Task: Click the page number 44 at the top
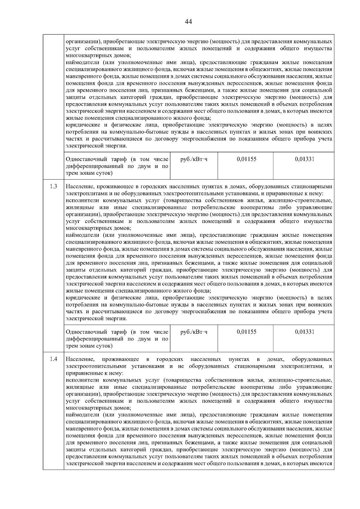(188, 22)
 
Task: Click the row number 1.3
(54, 186)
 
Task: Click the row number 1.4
(54, 359)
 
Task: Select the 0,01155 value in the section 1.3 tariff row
(246, 332)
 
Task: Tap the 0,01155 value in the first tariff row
(246, 159)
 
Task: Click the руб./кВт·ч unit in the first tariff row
(194, 159)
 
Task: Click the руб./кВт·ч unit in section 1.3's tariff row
(194, 332)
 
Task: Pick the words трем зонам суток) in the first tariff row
(89, 173)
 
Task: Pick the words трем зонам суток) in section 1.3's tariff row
(89, 346)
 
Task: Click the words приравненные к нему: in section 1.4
(94, 373)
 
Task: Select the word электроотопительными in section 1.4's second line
(92, 366)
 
